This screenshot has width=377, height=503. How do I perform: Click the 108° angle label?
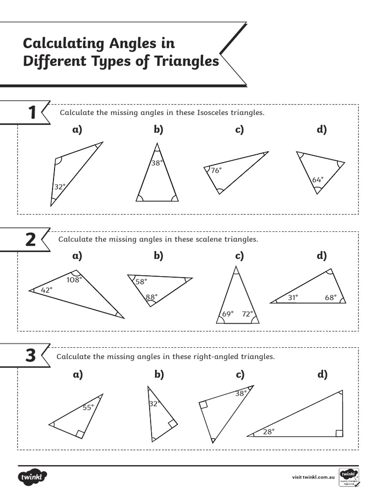[x=74, y=279]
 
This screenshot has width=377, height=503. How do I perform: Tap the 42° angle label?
[x=47, y=290]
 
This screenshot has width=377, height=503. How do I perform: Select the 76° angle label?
[x=216, y=170]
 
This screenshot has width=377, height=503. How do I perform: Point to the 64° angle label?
[x=318, y=180]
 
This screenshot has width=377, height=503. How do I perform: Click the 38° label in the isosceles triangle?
[x=157, y=163]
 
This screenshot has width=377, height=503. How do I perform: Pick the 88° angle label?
[x=151, y=297]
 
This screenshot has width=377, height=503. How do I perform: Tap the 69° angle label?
[x=228, y=313]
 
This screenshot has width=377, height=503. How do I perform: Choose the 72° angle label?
[x=247, y=313]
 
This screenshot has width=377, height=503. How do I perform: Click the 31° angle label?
[x=293, y=297]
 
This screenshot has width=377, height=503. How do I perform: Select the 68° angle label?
[x=330, y=297]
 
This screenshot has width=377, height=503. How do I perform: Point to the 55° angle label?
[x=87, y=407]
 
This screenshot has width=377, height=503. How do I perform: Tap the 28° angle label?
[x=268, y=431]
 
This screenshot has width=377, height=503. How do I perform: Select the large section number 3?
[x=30, y=356]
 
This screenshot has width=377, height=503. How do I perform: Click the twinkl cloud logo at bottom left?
[x=33, y=476]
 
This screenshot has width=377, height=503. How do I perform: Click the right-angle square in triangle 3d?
[x=339, y=433]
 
